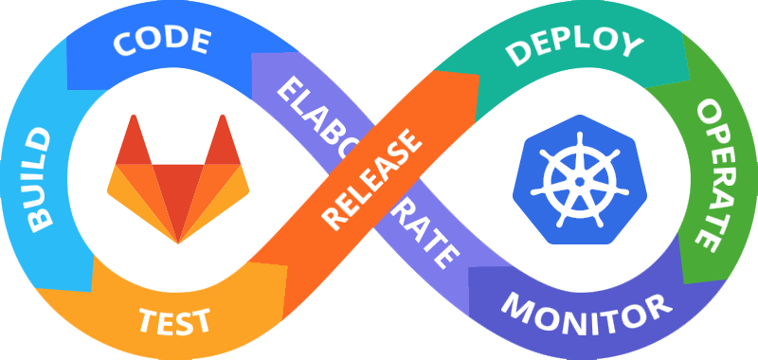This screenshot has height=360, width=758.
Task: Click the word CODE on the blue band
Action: click(162, 41)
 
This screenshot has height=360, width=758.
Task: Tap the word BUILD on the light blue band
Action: click(39, 179)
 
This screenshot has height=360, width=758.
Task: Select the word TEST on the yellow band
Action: click(174, 320)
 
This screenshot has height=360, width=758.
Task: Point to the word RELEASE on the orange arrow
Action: click(371, 180)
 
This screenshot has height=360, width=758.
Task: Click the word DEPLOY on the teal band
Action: click(574, 45)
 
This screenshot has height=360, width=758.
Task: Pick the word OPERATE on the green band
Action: click(707, 176)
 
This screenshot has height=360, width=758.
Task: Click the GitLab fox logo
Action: click(178, 179)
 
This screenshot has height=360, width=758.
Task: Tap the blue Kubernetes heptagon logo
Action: click(580, 179)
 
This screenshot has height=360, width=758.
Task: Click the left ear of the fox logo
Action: click(134, 142)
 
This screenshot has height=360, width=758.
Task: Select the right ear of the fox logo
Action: click(223, 142)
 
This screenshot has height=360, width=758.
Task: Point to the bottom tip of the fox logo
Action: click(178, 243)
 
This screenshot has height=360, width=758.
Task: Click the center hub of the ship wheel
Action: click(580, 182)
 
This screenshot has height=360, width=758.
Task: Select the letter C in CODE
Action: click(124, 44)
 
